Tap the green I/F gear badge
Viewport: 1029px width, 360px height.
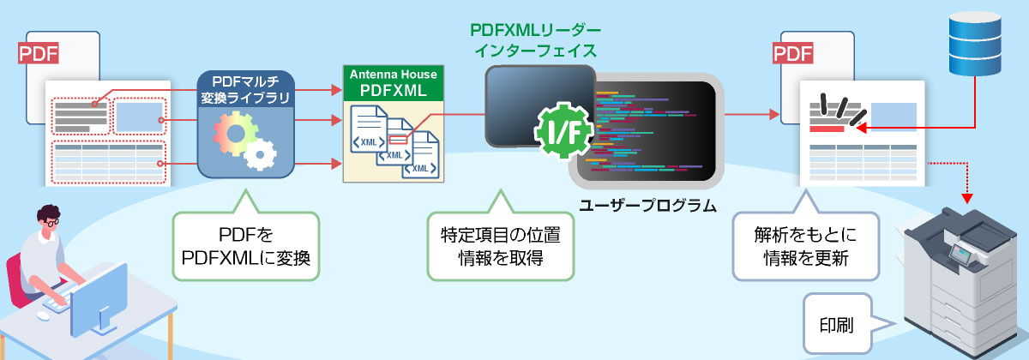562,132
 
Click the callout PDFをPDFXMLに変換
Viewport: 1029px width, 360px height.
245,245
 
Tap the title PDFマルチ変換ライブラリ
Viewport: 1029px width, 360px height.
247,87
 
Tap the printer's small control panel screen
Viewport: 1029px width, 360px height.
962,252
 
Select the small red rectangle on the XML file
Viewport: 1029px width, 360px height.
399,139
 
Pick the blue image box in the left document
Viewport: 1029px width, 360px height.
137,116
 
